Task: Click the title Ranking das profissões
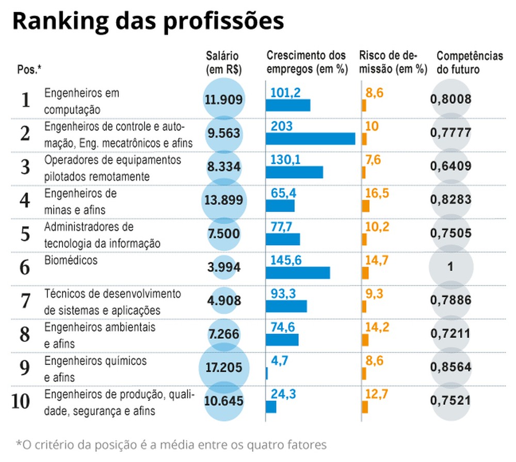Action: (x=148, y=22)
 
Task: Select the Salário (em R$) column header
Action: (x=223, y=62)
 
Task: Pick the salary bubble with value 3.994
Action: (x=224, y=268)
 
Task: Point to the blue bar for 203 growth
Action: (x=310, y=139)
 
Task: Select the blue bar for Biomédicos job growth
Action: (x=298, y=273)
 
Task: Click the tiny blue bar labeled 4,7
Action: (x=267, y=373)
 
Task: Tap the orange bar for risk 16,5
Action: (x=365, y=206)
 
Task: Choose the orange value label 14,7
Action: (x=377, y=260)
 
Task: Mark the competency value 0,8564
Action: (x=451, y=367)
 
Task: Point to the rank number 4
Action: (x=25, y=200)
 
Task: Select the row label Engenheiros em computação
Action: (x=82, y=101)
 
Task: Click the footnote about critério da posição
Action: (x=171, y=444)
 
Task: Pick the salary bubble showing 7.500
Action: (x=224, y=234)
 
